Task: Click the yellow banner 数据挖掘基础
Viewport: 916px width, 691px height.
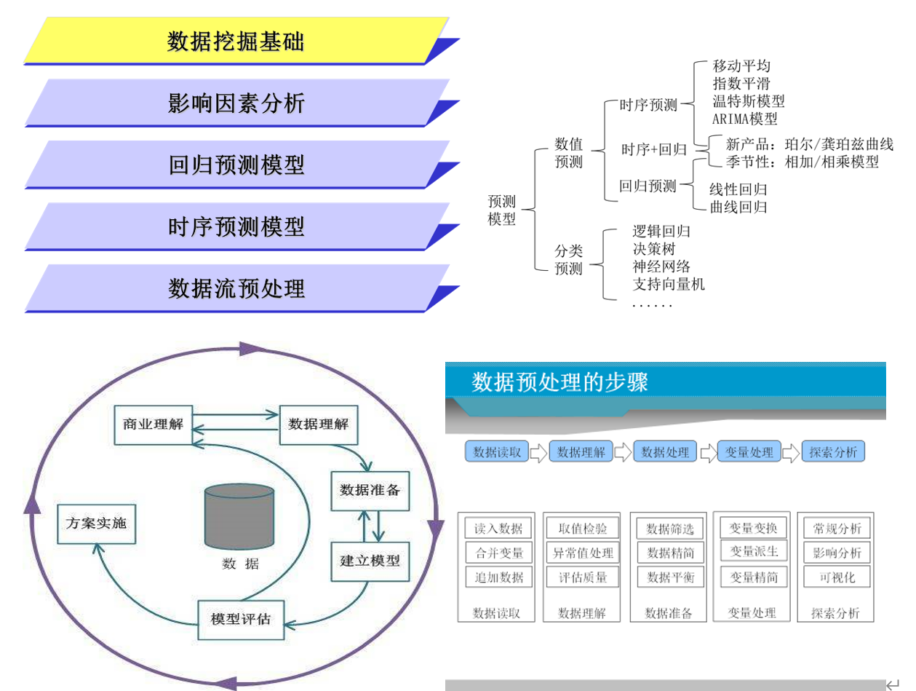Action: (236, 42)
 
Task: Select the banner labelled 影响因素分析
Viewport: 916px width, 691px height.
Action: (236, 103)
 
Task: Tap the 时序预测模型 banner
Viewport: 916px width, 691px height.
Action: (236, 227)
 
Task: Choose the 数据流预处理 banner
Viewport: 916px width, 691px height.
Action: (236, 289)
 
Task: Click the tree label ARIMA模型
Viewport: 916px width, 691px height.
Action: (745, 118)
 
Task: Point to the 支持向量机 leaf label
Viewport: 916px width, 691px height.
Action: (669, 284)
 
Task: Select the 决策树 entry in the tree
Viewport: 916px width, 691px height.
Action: (654, 249)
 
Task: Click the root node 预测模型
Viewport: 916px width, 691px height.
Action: (501, 210)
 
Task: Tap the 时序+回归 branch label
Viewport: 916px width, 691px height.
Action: (654, 150)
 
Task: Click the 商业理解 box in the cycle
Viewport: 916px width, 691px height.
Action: (153, 425)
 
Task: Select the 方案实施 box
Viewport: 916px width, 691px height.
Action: (96, 523)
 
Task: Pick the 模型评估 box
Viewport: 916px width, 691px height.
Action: (241, 620)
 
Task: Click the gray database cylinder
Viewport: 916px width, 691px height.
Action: (239, 516)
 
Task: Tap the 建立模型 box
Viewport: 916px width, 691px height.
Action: (370, 561)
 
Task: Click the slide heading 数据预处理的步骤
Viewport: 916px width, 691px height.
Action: (559, 382)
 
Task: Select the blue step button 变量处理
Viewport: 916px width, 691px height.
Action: (749, 452)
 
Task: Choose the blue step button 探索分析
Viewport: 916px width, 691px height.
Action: (833, 452)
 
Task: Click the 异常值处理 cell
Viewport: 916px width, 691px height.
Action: (582, 553)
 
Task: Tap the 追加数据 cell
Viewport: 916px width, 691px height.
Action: (498, 578)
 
